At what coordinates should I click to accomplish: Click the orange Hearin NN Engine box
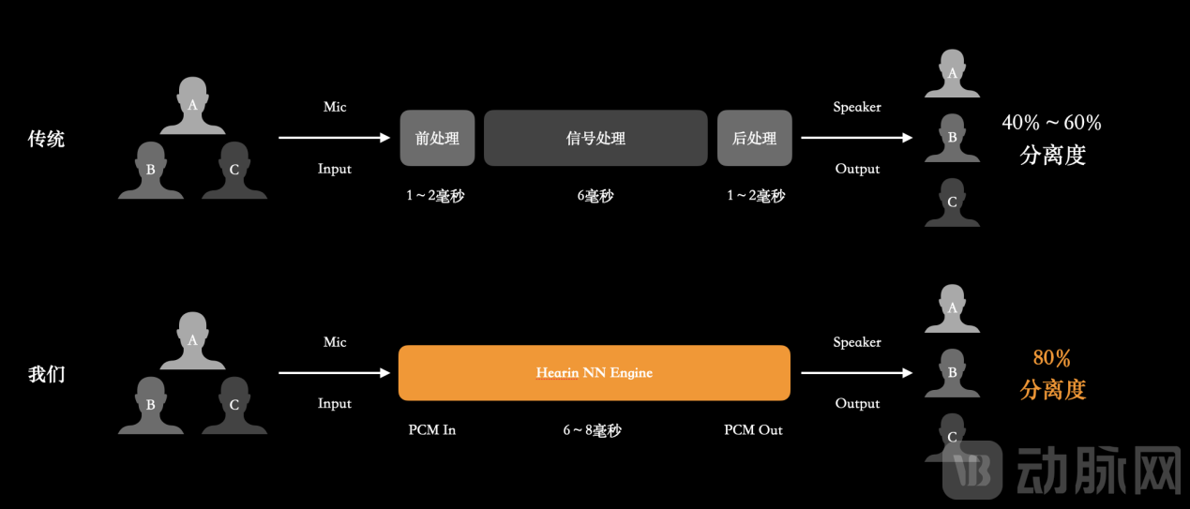[594, 373]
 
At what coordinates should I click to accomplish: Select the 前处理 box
[437, 139]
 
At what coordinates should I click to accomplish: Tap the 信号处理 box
[595, 139]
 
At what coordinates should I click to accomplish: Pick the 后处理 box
[755, 139]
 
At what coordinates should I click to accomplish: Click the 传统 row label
[46, 140]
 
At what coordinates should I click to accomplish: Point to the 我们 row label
[46, 374]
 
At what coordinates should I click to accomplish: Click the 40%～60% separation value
[1051, 123]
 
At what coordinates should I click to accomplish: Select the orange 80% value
[1051, 358]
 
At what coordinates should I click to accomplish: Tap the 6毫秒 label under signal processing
[595, 196]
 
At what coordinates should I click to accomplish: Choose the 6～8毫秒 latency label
[592, 430]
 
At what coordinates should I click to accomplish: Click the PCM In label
[432, 430]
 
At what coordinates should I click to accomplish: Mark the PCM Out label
[753, 430]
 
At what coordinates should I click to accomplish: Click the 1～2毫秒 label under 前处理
[435, 196]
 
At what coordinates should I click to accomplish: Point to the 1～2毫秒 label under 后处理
[756, 196]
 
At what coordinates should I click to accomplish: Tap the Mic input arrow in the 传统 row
[334, 138]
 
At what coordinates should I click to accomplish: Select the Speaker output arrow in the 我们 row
[856, 373]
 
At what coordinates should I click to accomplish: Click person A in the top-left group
[192, 106]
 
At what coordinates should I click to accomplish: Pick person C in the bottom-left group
[233, 405]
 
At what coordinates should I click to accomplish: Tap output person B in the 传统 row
[952, 138]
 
